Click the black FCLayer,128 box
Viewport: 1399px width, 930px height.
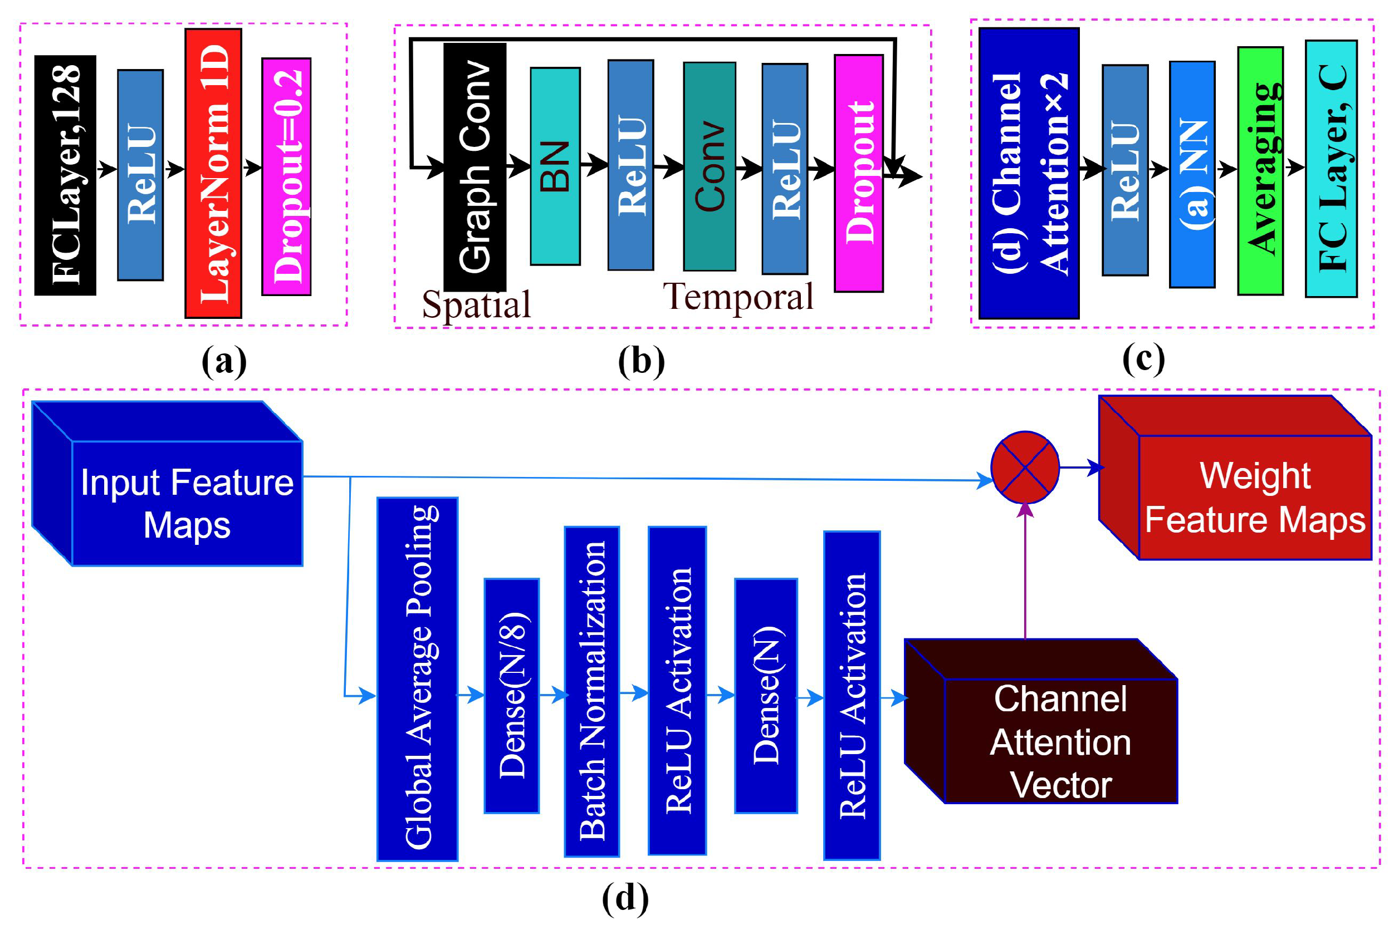(x=65, y=175)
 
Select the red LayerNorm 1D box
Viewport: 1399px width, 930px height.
(x=213, y=173)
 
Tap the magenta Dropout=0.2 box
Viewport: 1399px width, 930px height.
(x=287, y=176)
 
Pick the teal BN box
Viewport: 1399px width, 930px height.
(x=555, y=166)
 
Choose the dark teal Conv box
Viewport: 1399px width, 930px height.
(x=710, y=166)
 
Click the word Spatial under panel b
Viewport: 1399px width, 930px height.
(x=476, y=304)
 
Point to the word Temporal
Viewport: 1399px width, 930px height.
(x=738, y=297)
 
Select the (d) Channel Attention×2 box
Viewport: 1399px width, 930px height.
(x=1029, y=173)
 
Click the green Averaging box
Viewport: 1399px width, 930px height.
(x=1260, y=171)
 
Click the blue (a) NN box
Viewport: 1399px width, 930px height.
(x=1192, y=174)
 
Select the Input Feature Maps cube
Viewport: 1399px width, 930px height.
(x=187, y=503)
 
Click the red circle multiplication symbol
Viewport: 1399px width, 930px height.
(x=1025, y=468)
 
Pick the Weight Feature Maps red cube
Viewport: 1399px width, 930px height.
(x=1254, y=497)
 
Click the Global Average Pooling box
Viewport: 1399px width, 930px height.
(x=417, y=679)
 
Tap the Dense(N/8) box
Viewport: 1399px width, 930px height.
(x=512, y=696)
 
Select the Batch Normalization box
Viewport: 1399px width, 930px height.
(x=592, y=692)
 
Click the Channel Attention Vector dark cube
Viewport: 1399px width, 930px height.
(x=1059, y=741)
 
